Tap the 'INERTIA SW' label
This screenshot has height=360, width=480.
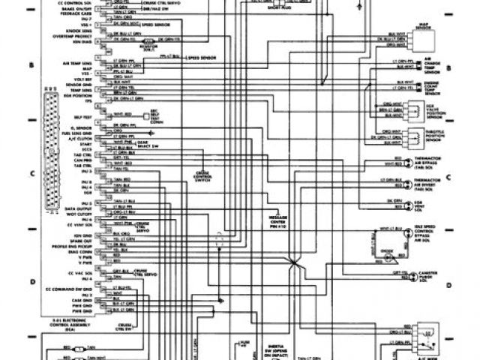pyautogui.click(x=262, y=346)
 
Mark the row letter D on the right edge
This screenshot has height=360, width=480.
pyautogui.click(x=448, y=286)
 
